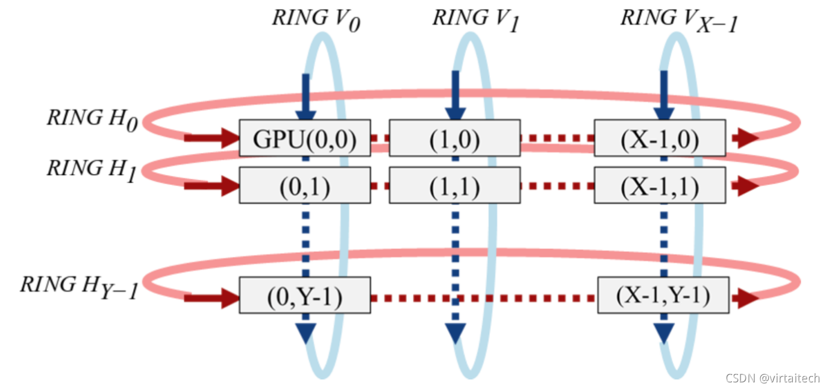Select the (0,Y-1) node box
[x=305, y=296]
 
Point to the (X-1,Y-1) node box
[x=663, y=296]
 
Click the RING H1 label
[x=92, y=169]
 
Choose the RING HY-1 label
[x=80, y=285]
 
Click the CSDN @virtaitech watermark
[x=772, y=378]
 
